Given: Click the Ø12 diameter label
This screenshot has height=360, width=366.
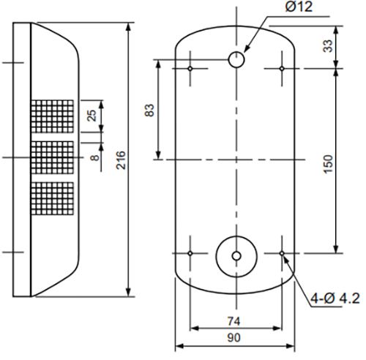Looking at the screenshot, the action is point(299,7).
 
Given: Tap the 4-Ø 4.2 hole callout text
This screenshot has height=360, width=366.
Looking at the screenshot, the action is point(335,299).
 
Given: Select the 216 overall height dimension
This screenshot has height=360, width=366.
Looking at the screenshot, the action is point(121,160).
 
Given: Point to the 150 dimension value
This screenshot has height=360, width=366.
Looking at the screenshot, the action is point(328,164).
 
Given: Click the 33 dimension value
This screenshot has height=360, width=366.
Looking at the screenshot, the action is point(328,46).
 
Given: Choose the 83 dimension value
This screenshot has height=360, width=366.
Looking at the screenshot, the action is point(149,110).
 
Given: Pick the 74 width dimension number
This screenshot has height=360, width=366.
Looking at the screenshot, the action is point(234,321).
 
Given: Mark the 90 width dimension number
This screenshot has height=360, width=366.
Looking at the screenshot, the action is point(234,338).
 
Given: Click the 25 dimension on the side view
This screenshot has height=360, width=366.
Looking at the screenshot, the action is point(91,116).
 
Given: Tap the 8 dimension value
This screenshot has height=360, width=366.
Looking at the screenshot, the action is point(95,157).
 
